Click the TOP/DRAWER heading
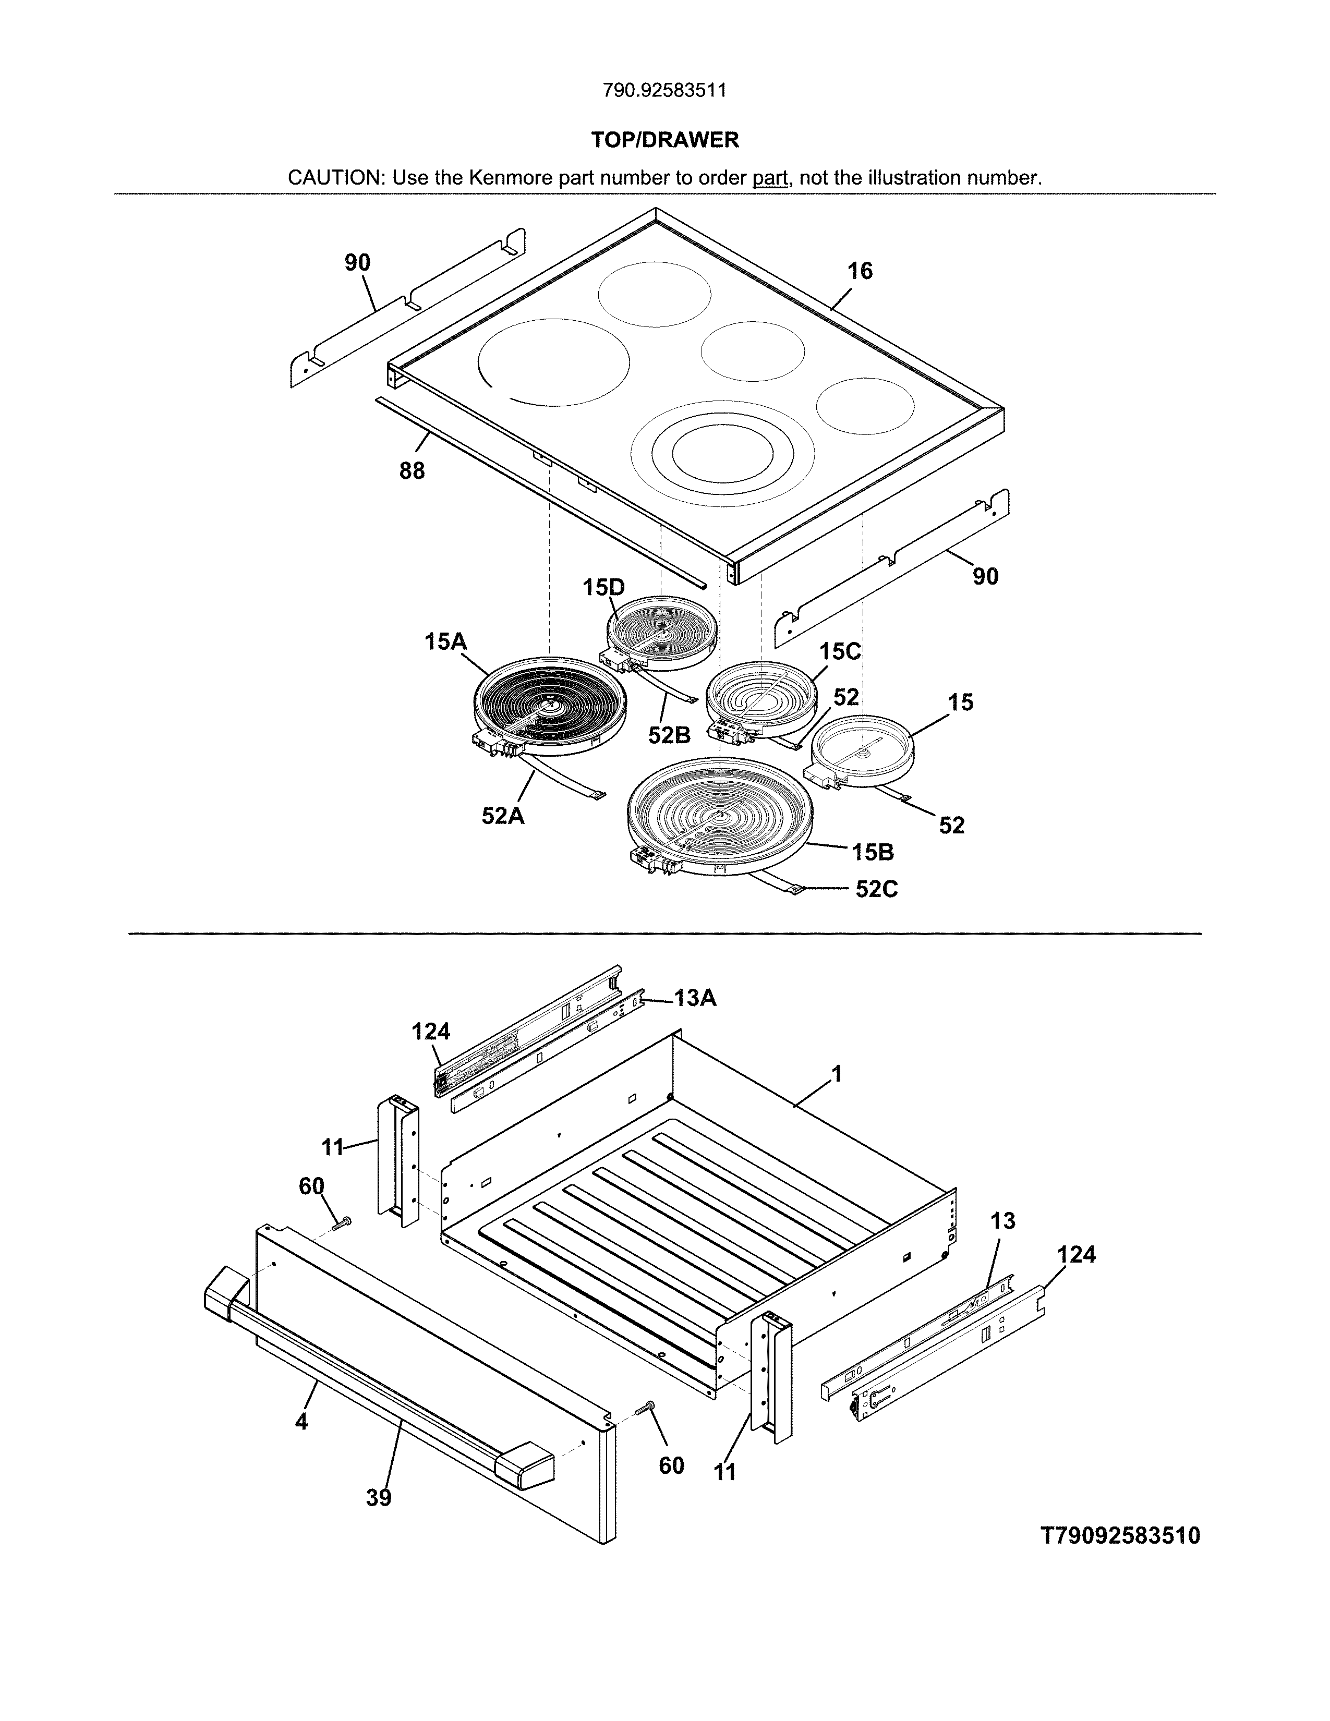pos(665,140)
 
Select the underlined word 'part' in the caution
pos(770,178)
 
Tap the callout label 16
pos(860,271)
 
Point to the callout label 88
pos(412,471)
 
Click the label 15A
pos(445,642)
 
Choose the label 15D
pos(603,587)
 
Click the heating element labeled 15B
pos(719,816)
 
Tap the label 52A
pos(503,816)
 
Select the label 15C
pos(839,652)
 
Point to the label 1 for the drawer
pos(837,1074)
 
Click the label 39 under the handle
pos(378,1498)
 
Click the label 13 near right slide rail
pos(1002,1221)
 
